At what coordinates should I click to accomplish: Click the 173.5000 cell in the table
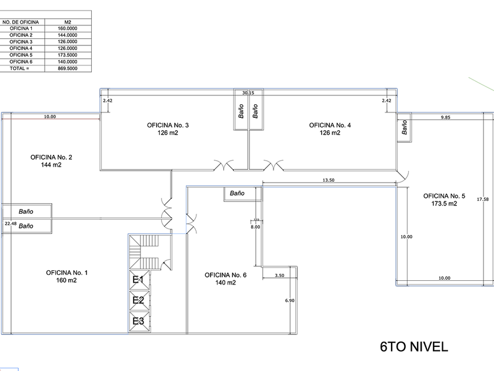pyautogui.click(x=68, y=55)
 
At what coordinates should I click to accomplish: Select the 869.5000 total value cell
pyautogui.click(x=68, y=68)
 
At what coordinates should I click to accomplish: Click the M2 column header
pyautogui.click(x=68, y=22)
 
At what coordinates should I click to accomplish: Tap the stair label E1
pyautogui.click(x=138, y=280)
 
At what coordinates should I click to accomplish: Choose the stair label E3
pyautogui.click(x=138, y=321)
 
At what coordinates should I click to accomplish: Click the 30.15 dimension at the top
pyautogui.click(x=248, y=92)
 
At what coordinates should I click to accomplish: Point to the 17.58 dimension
pyautogui.click(x=483, y=199)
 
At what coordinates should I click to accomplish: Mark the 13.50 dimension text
pyautogui.click(x=328, y=180)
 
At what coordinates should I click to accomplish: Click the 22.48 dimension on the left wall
pyautogui.click(x=11, y=223)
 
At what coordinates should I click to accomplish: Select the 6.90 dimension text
pyautogui.click(x=289, y=300)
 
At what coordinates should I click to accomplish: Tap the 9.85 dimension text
pyautogui.click(x=445, y=117)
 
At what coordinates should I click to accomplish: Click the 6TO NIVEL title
pyautogui.click(x=414, y=347)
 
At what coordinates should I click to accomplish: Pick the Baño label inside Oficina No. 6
pyautogui.click(x=237, y=193)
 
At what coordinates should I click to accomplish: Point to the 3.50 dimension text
pyautogui.click(x=280, y=275)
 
